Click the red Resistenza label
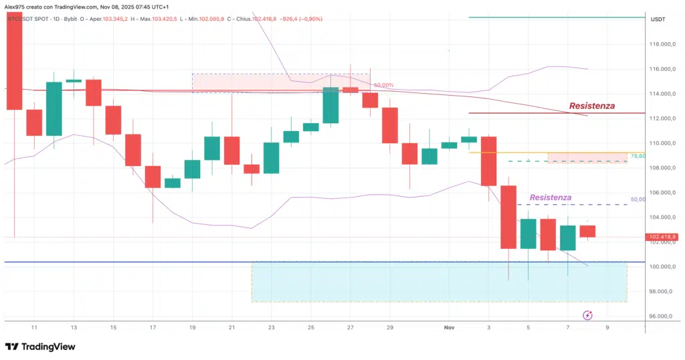click(591, 106)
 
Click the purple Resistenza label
click(551, 197)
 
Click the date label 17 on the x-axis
click(153, 327)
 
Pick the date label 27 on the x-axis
click(350, 327)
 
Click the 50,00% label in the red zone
click(383, 86)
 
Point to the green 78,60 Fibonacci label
click(637, 156)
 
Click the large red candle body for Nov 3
click(488, 161)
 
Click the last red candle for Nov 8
click(587, 232)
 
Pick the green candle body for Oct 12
click(54, 109)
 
